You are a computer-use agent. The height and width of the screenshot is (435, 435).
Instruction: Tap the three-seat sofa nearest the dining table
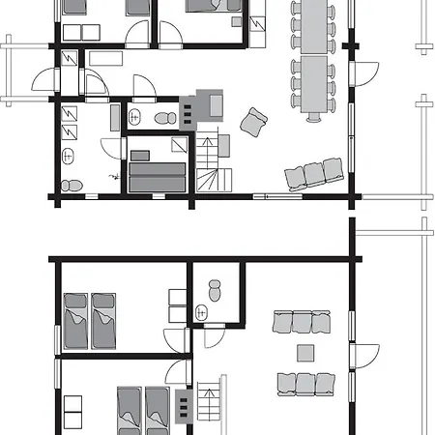314,175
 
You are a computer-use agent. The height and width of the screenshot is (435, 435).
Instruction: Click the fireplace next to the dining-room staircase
210,102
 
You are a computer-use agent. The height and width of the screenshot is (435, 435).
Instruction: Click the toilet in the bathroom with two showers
68,184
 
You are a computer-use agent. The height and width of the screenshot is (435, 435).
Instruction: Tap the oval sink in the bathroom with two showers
68,156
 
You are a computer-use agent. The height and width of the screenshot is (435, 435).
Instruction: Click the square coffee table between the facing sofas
305,352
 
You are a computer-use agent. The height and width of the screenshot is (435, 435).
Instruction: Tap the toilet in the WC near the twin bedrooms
216,287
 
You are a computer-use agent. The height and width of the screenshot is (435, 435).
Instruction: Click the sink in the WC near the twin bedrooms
202,311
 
